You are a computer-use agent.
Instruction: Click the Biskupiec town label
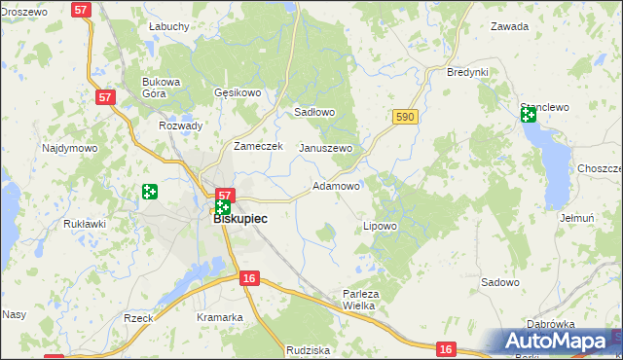240,219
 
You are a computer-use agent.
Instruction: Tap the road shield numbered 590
406,117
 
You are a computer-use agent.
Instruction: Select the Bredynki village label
466,73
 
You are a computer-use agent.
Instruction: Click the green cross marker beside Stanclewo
528,115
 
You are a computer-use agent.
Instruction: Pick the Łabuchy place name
168,26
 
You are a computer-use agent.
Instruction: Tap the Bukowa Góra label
162,88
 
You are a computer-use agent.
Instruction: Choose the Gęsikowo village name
238,93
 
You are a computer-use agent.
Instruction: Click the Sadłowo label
314,112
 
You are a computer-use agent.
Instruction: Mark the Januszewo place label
325,148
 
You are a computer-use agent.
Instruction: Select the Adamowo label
337,185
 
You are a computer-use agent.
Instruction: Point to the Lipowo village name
380,226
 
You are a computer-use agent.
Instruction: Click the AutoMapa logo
560,342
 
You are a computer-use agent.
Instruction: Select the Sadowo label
500,282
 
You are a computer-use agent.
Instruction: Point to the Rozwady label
181,126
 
